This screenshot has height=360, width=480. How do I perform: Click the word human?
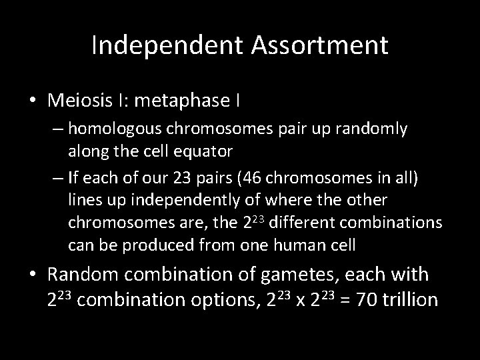tap(290, 245)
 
